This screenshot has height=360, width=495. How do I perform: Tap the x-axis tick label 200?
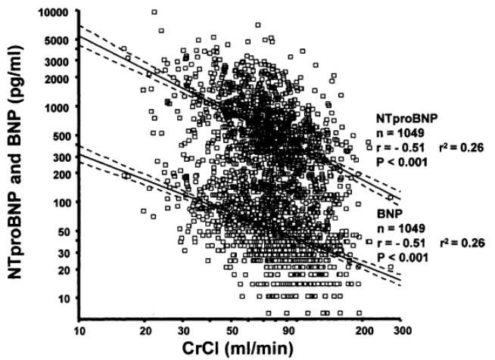point(363,331)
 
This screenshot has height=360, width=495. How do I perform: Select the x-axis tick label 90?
point(289,331)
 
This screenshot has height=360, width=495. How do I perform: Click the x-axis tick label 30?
point(183,331)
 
